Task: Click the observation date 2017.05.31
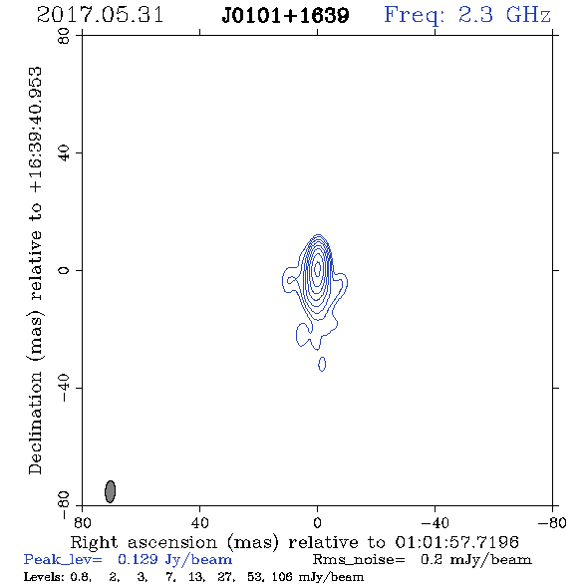coord(100,15)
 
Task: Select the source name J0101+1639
coord(285,16)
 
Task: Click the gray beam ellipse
coord(110,491)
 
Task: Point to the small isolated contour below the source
coord(322,364)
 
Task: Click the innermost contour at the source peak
coord(317,268)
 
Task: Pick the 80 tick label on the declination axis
coord(64,36)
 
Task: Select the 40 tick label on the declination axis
coord(64,153)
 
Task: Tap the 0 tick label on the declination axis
coord(64,270)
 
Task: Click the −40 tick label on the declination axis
coord(64,388)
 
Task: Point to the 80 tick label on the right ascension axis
coord(82,522)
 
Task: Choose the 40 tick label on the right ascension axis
coord(199,522)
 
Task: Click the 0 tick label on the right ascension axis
coord(317,522)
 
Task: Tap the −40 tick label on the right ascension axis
coord(435,522)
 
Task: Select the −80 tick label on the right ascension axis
coord(552,522)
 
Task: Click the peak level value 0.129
coord(138,559)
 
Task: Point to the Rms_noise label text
coord(359,560)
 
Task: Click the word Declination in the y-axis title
coord(35,423)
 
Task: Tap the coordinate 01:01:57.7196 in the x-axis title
coord(456,542)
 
